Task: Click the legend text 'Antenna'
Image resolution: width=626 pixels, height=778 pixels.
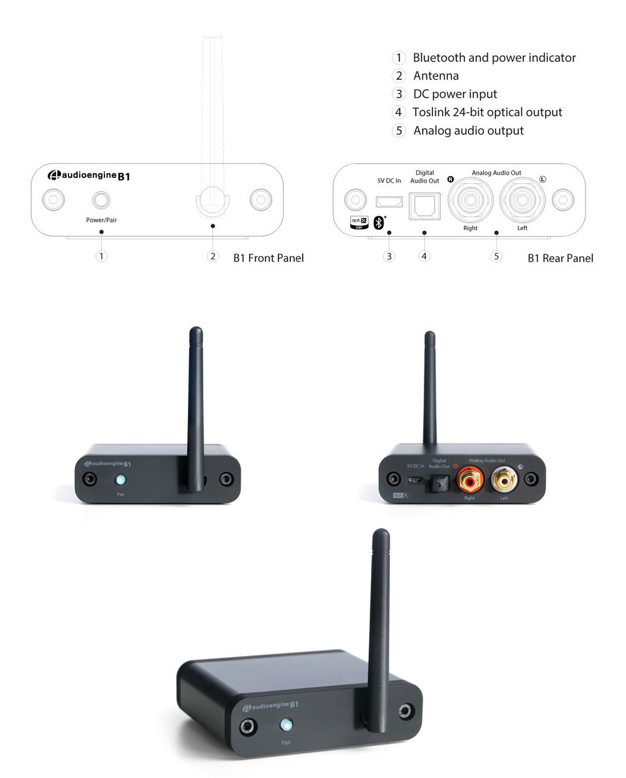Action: [436, 76]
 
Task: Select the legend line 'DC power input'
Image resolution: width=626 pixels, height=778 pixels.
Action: [455, 94]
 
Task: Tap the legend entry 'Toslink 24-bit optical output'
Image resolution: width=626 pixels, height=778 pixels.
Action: [487, 112]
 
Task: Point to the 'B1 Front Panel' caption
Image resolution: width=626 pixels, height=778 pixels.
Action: [269, 258]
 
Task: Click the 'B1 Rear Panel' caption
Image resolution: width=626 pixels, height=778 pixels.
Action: [560, 258]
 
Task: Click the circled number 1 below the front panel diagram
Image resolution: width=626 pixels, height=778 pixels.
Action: [101, 256]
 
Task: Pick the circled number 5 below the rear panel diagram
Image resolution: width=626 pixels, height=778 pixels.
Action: [497, 256]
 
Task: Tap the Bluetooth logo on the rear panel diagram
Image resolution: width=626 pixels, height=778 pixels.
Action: [378, 222]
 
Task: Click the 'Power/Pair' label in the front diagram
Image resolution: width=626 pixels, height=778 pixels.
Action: [101, 220]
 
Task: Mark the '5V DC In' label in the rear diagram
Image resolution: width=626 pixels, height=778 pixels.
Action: [389, 180]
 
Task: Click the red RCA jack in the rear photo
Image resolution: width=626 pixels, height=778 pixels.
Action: [469, 481]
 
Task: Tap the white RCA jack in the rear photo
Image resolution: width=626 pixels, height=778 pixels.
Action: [503, 481]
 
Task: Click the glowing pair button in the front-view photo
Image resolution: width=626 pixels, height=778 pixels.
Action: [121, 481]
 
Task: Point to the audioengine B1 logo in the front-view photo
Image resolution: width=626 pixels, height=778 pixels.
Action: [110, 463]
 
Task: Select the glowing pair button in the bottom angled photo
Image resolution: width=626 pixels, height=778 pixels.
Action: [286, 725]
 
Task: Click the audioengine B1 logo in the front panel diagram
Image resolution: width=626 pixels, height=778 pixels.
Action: [89, 175]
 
